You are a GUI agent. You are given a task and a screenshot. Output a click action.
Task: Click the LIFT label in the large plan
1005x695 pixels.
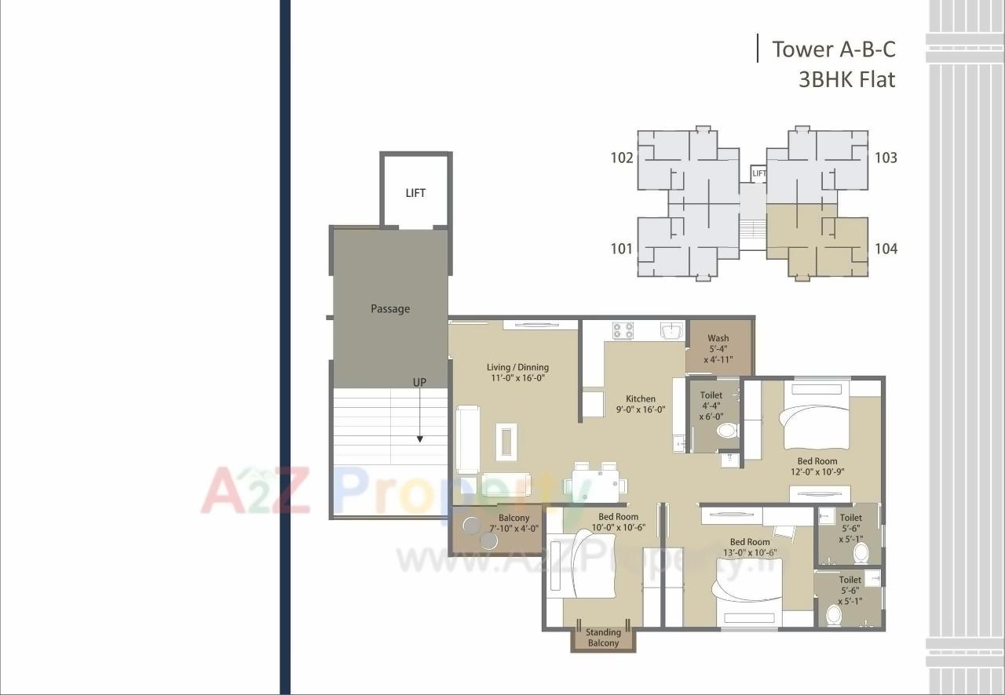(x=415, y=193)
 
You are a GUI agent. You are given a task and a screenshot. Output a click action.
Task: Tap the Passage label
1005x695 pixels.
(x=390, y=309)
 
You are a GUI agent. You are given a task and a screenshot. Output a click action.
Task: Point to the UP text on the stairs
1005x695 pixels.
(x=420, y=382)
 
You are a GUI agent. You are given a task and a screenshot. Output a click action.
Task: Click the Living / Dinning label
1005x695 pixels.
(x=517, y=372)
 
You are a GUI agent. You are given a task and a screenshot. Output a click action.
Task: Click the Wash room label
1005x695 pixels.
(x=718, y=349)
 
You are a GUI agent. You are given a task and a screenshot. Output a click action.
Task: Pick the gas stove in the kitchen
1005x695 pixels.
(x=623, y=331)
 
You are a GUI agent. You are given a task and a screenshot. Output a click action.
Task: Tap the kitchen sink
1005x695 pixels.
(x=672, y=331)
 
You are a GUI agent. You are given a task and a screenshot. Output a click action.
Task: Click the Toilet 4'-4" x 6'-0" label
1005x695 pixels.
(x=711, y=406)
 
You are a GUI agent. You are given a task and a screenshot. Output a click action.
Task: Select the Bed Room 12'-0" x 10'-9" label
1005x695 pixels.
(x=817, y=467)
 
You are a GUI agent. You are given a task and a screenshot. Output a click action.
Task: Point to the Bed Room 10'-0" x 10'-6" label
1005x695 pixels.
(x=618, y=522)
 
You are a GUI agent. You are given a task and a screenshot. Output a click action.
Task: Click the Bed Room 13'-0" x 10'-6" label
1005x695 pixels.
(x=750, y=547)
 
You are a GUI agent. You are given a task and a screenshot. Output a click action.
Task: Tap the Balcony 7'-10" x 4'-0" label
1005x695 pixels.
(x=514, y=523)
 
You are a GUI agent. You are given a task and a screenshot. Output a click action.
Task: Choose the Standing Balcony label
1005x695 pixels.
(x=603, y=638)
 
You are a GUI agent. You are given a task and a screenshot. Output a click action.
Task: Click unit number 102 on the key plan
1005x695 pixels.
(x=622, y=158)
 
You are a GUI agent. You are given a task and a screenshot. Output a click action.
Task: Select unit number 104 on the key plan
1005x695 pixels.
(x=886, y=249)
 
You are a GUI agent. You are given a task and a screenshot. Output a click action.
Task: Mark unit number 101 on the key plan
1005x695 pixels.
(x=621, y=249)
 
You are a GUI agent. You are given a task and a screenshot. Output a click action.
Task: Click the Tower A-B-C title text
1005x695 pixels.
(x=833, y=49)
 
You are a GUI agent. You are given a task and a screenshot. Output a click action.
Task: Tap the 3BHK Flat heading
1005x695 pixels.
(x=846, y=79)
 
